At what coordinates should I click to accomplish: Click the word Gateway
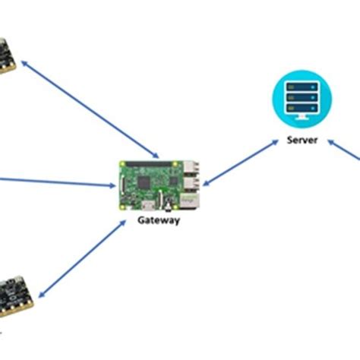tap(158, 220)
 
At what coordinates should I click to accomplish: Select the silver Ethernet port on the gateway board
tap(194, 199)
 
